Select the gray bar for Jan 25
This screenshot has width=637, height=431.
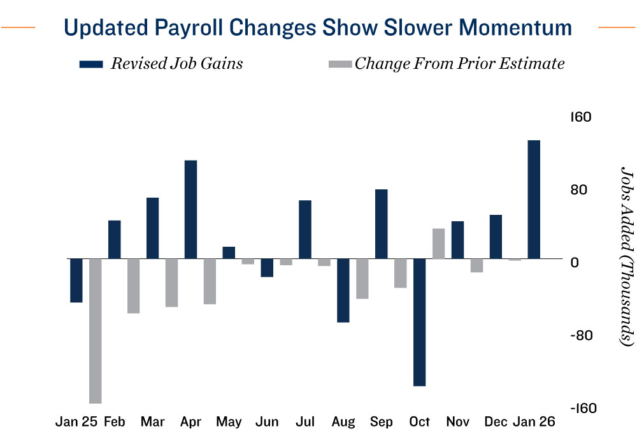pos(96,331)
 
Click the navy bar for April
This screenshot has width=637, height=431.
pos(190,210)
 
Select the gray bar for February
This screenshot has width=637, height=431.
pos(133,286)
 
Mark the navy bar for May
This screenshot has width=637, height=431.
pos(229,252)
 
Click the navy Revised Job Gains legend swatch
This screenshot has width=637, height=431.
pos(92,64)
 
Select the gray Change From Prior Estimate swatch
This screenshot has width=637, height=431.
pos(339,64)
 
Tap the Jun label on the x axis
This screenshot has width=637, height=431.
pos(266,421)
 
